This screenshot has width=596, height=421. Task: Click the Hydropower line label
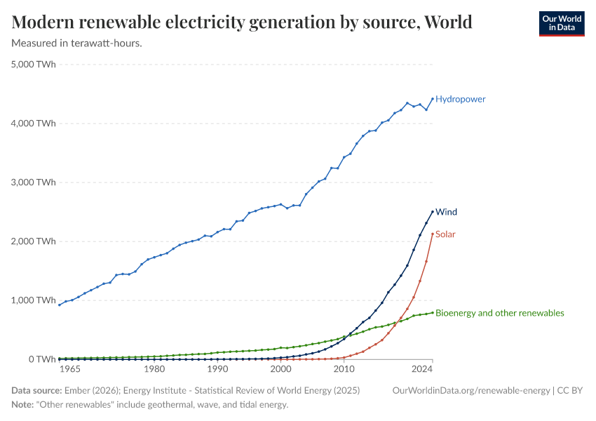(460, 99)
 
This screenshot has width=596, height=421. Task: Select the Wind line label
(446, 211)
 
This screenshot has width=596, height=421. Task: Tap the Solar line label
(445, 234)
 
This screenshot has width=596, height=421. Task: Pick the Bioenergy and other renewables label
(499, 313)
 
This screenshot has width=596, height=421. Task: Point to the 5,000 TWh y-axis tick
(34, 65)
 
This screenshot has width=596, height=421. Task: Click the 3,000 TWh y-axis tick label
(34, 182)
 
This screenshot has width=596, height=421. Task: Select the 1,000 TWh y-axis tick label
(34, 300)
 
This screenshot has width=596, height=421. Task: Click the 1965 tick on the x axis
(68, 369)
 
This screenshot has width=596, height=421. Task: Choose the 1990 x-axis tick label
(217, 369)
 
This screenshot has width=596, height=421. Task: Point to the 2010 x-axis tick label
(344, 369)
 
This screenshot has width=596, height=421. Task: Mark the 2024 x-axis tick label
(423, 369)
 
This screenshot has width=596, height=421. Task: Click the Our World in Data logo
(561, 23)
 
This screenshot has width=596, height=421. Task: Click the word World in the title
(447, 22)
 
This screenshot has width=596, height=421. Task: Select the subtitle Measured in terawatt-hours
(77, 44)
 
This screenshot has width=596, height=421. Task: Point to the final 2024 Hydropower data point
(433, 99)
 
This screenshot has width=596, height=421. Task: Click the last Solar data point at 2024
(433, 234)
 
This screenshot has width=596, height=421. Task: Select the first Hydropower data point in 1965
(59, 305)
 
